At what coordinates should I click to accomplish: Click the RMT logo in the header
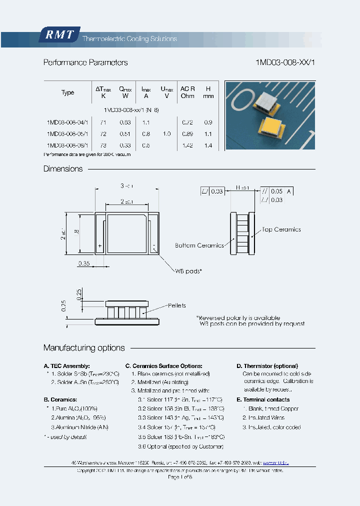(x=59, y=35)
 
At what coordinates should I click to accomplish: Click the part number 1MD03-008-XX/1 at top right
(x=285, y=62)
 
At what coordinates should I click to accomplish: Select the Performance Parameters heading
(x=85, y=62)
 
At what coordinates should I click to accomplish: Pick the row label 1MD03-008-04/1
(x=67, y=122)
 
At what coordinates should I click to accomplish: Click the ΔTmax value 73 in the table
(x=103, y=145)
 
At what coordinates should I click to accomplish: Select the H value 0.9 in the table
(x=208, y=122)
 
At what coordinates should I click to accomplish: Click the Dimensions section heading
(x=63, y=169)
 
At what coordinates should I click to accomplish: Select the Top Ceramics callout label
(x=281, y=229)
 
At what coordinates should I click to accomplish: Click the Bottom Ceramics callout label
(x=199, y=245)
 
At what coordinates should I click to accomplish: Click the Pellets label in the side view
(x=177, y=305)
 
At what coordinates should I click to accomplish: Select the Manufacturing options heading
(x=84, y=348)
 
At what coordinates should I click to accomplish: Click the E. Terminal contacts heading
(x=263, y=399)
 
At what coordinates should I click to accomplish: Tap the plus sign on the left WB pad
(x=100, y=246)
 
